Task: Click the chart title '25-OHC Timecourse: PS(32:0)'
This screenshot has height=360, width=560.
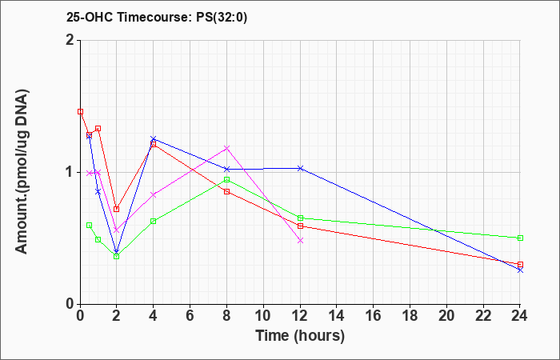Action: (157, 18)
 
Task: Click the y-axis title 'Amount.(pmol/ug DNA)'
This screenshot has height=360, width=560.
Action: (22, 172)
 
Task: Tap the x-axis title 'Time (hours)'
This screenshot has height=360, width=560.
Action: (300, 336)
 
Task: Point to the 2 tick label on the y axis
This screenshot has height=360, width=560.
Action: (70, 40)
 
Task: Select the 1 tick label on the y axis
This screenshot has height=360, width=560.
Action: (70, 173)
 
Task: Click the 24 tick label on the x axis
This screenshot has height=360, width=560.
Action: (520, 315)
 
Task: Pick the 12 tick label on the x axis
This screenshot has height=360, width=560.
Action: (300, 315)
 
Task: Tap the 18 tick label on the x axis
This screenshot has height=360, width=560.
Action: (410, 315)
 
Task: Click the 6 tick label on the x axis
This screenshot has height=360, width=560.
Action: (190, 315)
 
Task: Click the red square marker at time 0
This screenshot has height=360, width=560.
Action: (80, 112)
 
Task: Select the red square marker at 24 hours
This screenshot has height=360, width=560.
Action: (520, 265)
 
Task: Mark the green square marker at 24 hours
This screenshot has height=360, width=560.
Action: (520, 238)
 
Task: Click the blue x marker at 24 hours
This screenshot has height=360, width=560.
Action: (520, 270)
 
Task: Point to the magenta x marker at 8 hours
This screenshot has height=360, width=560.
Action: (226, 148)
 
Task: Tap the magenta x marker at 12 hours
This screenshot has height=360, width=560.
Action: (300, 241)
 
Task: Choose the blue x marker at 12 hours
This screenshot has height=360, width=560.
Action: (300, 168)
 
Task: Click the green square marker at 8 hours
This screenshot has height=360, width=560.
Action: (226, 180)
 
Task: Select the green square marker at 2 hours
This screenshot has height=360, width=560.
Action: (117, 257)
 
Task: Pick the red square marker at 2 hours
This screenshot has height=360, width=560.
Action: (117, 210)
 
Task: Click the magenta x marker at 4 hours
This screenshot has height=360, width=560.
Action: (154, 194)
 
